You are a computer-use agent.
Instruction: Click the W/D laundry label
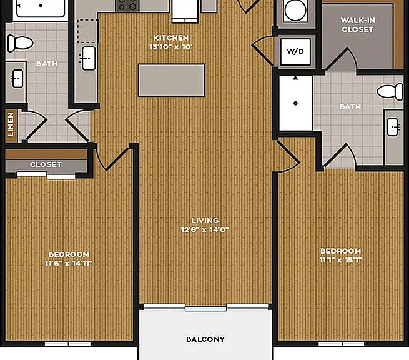(295, 51)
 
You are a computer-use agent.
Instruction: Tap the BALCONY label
(205, 339)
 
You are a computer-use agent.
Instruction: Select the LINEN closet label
(11, 124)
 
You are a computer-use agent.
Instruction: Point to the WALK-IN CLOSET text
(358, 25)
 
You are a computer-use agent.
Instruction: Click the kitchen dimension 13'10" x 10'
(171, 47)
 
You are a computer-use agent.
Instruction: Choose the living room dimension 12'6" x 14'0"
(205, 230)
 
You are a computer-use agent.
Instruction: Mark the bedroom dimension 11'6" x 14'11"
(69, 263)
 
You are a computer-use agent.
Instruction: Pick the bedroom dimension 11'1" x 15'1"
(341, 260)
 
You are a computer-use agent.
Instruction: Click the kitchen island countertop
(171, 80)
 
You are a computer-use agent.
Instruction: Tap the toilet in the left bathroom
(20, 43)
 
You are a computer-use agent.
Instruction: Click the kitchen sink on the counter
(89, 58)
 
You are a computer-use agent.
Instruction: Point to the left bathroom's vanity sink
(17, 79)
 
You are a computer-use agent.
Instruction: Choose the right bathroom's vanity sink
(393, 127)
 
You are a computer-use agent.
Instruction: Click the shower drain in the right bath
(295, 103)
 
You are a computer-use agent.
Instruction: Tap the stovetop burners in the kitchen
(127, 6)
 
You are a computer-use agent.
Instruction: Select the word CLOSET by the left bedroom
(46, 164)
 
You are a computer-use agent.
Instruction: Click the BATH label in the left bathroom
(47, 64)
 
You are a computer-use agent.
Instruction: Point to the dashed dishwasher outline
(87, 31)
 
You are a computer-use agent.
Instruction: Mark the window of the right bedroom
(341, 344)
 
